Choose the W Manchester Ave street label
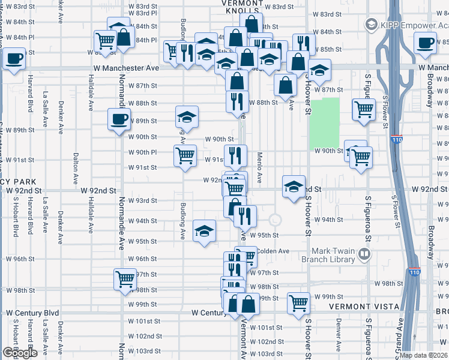125,68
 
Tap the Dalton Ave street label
76,167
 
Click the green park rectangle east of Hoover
324,124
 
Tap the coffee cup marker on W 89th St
118,118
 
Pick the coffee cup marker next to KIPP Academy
426,43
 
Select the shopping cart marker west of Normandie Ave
125,278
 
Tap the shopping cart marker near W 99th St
298,302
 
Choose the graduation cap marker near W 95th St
204,230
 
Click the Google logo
20,353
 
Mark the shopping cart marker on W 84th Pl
106,41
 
